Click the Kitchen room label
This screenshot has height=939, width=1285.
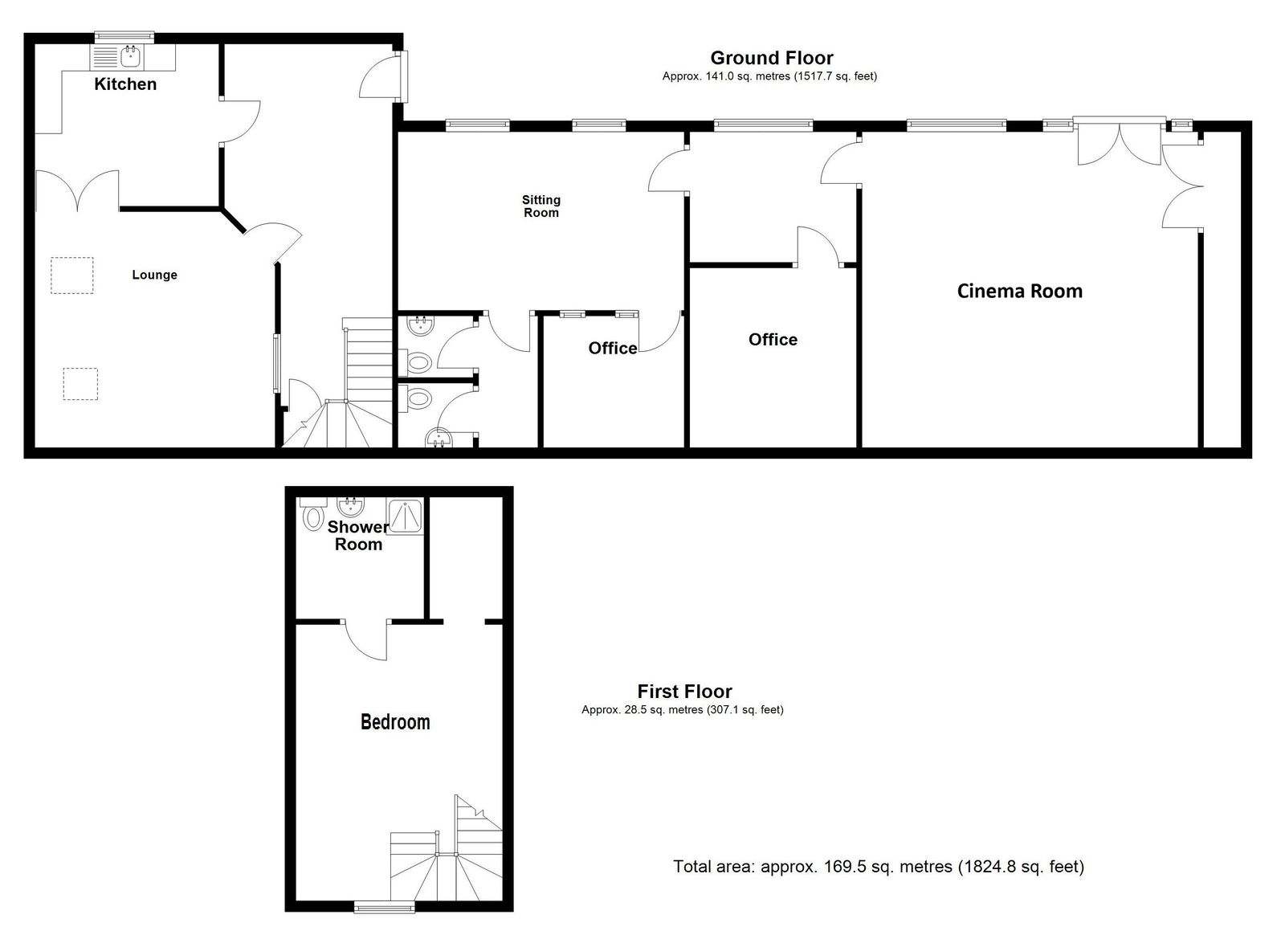pyautogui.click(x=125, y=84)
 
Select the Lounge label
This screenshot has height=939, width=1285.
pyautogui.click(x=154, y=275)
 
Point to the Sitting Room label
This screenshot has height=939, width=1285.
pyautogui.click(x=541, y=206)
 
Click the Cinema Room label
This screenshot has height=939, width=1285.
pyautogui.click(x=1019, y=292)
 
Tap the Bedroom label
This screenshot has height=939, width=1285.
pyautogui.click(x=395, y=721)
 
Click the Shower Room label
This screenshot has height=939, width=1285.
pyautogui.click(x=358, y=535)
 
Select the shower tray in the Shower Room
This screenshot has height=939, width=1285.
pyautogui.click(x=405, y=516)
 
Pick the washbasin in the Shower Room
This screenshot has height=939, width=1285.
pyautogui.click(x=350, y=506)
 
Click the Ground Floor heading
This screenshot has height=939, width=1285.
pyautogui.click(x=772, y=58)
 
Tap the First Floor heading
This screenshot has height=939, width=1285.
pyautogui.click(x=684, y=692)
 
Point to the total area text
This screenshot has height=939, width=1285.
pyautogui.click(x=879, y=866)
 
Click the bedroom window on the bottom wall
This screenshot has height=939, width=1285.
pyautogui.click(x=384, y=907)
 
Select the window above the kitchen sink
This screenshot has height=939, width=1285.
pyautogui.click(x=124, y=37)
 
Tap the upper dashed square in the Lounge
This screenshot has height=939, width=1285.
pyautogui.click(x=71, y=276)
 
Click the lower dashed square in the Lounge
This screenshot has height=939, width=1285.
pyautogui.click(x=80, y=384)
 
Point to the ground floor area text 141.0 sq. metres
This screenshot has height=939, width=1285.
pyautogui.click(x=769, y=76)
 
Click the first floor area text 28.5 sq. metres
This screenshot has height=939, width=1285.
pyautogui.click(x=682, y=709)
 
